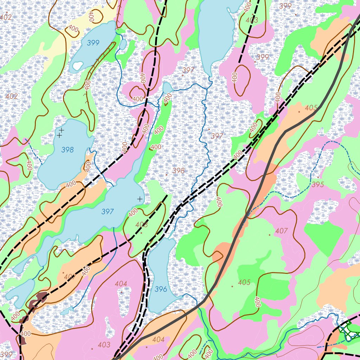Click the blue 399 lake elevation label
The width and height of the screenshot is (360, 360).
pyautogui.click(x=93, y=43)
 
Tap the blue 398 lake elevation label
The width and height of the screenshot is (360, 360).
pyautogui.click(x=67, y=150)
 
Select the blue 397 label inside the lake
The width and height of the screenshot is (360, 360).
pyautogui.click(x=108, y=212)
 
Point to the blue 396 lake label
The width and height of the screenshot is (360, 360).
pyautogui.click(x=161, y=289)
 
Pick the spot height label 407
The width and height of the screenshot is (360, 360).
pyautogui.click(x=282, y=231)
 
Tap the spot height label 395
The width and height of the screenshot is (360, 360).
pyautogui.click(x=317, y=185)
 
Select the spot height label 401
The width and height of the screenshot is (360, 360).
pyautogui.click(x=69, y=277)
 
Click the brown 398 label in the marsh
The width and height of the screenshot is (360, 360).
pyautogui.click(x=178, y=171)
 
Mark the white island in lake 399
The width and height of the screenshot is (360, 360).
pyautogui.click(x=78, y=65)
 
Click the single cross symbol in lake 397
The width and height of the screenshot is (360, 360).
pyautogui.click(x=140, y=199)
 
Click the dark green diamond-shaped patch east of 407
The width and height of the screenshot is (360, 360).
pyautogui.click(x=323, y=233)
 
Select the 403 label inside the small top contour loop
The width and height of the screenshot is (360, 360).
pyautogui.click(x=252, y=20)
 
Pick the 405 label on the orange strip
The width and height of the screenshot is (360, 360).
pyautogui.click(x=311, y=108)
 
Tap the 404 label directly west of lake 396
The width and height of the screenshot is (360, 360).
pyautogui.click(x=121, y=283)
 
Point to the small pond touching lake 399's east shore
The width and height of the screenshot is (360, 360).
pyautogui.click(x=123, y=44)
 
